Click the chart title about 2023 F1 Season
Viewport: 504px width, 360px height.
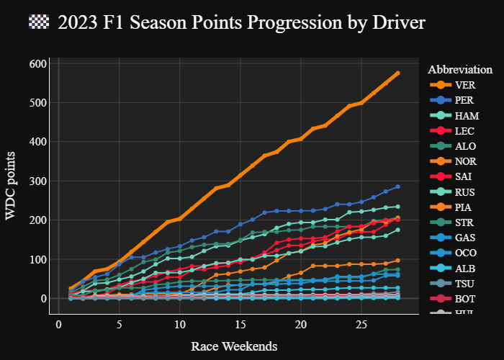pos(241,23)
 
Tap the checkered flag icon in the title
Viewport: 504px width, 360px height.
pos(38,22)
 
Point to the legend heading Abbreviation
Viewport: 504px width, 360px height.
pos(460,70)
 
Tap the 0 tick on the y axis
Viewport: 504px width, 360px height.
pos(44,299)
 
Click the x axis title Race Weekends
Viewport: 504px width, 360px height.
pos(234,346)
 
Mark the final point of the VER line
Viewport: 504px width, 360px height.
pos(397,73)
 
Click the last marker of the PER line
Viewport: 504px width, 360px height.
pos(397,187)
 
